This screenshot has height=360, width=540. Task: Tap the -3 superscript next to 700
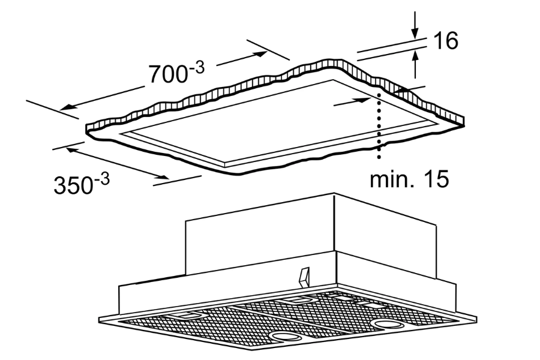(197, 68)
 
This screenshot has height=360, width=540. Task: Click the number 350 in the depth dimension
(73, 185)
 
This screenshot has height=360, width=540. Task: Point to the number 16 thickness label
(445, 41)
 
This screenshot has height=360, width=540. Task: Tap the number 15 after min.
(436, 179)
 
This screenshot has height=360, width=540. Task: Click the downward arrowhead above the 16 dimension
(415, 32)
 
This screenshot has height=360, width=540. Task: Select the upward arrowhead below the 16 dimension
(415, 56)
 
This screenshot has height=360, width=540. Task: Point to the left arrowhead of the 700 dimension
(67, 107)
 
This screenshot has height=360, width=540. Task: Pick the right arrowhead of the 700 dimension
(261, 54)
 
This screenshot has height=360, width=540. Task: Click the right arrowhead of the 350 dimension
(162, 177)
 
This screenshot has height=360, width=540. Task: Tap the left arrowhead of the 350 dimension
(71, 149)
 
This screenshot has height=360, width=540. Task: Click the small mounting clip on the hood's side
(304, 278)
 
